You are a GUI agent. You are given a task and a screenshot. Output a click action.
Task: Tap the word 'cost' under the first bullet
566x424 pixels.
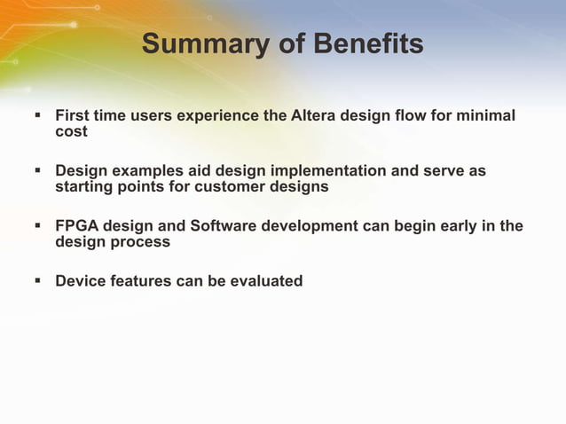click(x=71, y=132)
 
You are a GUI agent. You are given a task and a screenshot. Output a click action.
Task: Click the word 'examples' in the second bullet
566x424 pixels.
click(x=143, y=171)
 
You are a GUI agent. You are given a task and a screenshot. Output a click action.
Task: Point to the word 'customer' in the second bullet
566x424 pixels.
click(x=230, y=187)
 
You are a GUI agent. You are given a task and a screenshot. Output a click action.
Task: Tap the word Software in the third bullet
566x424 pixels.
click(x=223, y=226)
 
